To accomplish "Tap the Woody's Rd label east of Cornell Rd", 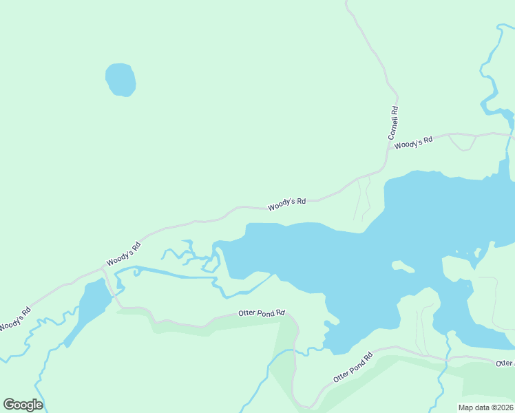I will (x=413, y=142).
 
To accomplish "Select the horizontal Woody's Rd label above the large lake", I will (x=286, y=204).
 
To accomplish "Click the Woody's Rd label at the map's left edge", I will (x=15, y=318).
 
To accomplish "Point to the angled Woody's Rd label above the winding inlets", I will (x=124, y=254).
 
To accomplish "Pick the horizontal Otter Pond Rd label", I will (x=262, y=313).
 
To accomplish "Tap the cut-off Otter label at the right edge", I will (x=505, y=363).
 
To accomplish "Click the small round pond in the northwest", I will (x=120, y=80).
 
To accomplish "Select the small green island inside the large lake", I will (x=403, y=266).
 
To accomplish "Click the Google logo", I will (x=23, y=404).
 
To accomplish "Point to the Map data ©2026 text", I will (x=485, y=407).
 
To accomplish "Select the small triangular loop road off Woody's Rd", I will (x=461, y=141).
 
